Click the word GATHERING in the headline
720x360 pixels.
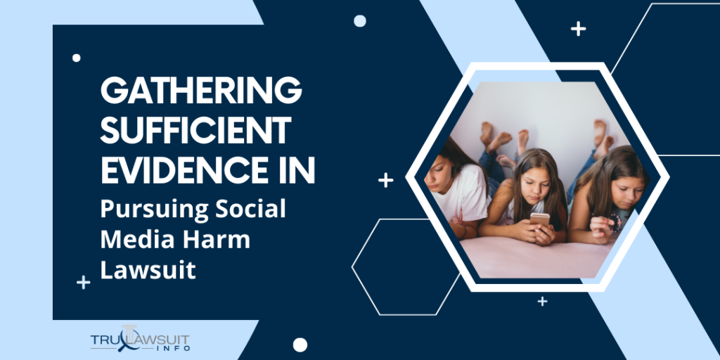click(x=201, y=92)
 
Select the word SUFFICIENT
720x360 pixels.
click(x=195, y=130)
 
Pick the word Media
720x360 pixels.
click(x=135, y=239)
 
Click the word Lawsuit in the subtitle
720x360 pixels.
click(x=148, y=269)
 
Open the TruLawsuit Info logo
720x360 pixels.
click(x=140, y=341)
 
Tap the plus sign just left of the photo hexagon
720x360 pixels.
click(x=385, y=181)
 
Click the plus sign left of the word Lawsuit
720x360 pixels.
click(x=84, y=283)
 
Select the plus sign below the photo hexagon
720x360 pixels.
click(x=542, y=301)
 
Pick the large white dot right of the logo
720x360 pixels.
click(x=300, y=345)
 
